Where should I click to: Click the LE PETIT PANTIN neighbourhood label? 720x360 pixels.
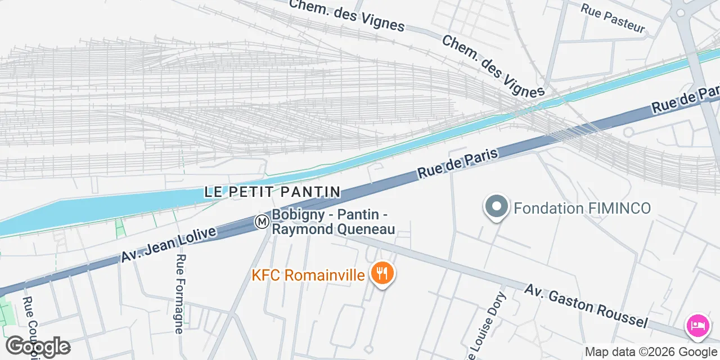pos(273,192)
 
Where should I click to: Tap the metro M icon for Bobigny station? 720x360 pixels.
pos(262,222)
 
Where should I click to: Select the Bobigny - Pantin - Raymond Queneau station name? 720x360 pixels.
pos(333,222)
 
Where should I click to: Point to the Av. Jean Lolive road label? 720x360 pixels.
pos(169,245)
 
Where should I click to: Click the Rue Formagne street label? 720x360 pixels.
pos(180,294)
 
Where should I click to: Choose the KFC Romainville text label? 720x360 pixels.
pos(309,275)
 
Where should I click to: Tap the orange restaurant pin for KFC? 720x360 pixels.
pos(382,274)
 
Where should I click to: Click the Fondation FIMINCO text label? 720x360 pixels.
pos(582,209)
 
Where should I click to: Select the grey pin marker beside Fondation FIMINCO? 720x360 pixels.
pos(496,206)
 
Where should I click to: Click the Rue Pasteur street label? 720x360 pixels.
pos(612,19)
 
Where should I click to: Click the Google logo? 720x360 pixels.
pos(38,346)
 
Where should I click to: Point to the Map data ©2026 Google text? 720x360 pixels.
pos(651,352)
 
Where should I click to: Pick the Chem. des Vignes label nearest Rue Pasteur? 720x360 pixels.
pos(493,66)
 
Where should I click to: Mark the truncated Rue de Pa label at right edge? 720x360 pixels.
pos(686,99)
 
